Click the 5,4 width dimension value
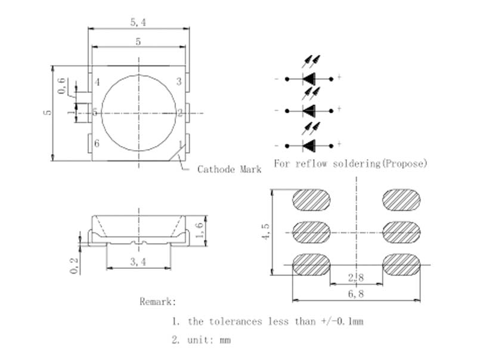point(138,22)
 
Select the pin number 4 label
point(97,82)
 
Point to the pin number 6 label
point(97,143)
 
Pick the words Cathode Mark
point(230,169)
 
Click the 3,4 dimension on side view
point(138,262)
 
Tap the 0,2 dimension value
point(74,265)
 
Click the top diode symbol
point(309,78)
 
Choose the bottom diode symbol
point(309,145)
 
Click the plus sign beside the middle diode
point(339,109)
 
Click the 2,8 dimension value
point(356,277)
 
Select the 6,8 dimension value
point(356,294)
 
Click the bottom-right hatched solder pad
point(401,265)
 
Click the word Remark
point(158,302)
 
